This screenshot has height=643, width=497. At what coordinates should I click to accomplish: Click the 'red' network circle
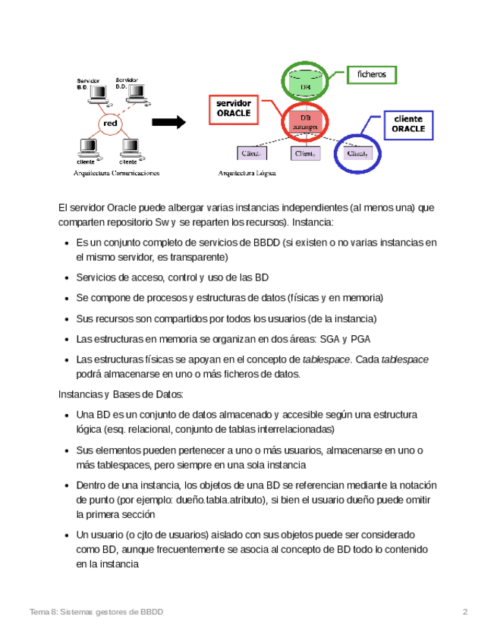point(110,123)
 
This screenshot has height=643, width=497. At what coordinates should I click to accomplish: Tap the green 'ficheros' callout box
point(372,74)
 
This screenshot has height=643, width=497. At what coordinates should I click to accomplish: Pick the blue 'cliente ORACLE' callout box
point(408,124)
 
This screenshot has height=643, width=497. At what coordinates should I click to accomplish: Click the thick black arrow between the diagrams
point(169,122)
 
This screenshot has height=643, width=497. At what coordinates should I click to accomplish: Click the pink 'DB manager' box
point(305,122)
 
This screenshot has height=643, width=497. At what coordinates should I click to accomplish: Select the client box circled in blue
point(357,153)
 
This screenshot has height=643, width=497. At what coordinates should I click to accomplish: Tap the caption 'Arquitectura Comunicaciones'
point(115,174)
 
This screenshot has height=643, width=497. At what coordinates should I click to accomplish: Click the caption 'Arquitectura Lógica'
point(247,174)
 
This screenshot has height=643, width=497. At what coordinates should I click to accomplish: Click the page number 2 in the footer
point(465,612)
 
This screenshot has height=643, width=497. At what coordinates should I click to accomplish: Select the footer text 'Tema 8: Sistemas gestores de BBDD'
point(96,612)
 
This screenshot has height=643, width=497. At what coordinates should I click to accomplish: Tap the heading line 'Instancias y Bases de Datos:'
point(121,394)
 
